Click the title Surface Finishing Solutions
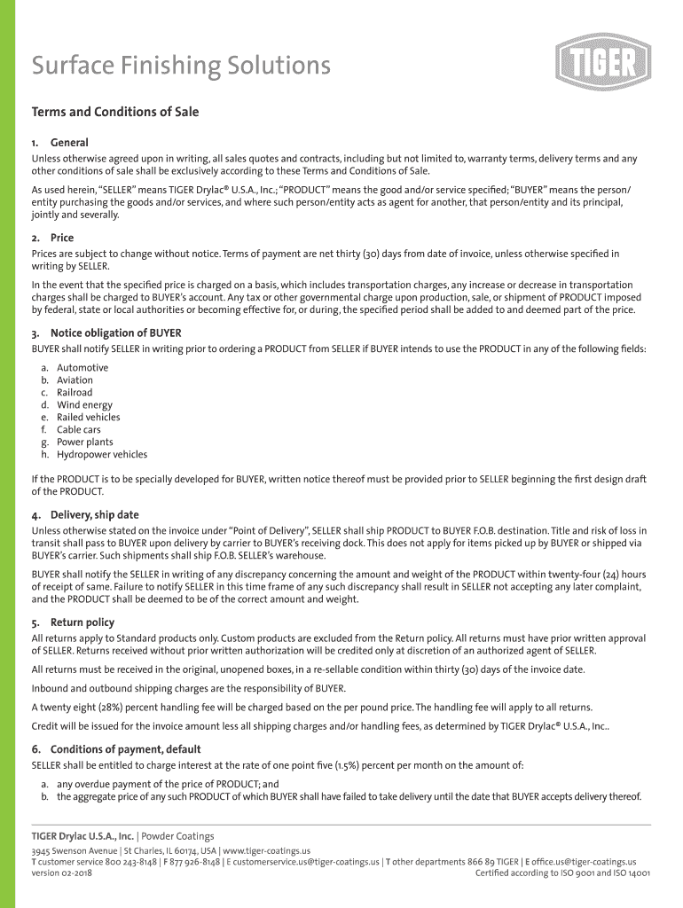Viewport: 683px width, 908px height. coord(181,66)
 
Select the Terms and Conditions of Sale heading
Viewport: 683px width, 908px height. coord(115,112)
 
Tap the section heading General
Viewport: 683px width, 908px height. coord(69,142)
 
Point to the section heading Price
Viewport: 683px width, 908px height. coord(62,238)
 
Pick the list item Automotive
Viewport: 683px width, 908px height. coord(82,367)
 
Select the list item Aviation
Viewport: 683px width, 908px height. coord(75,380)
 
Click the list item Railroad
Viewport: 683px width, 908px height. coord(75,392)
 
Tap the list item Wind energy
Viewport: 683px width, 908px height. coord(84,404)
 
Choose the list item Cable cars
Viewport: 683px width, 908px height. coord(79,429)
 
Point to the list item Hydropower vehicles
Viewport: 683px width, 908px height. coord(102,454)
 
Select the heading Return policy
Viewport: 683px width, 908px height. coord(82,622)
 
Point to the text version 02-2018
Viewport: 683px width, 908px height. coord(61,873)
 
